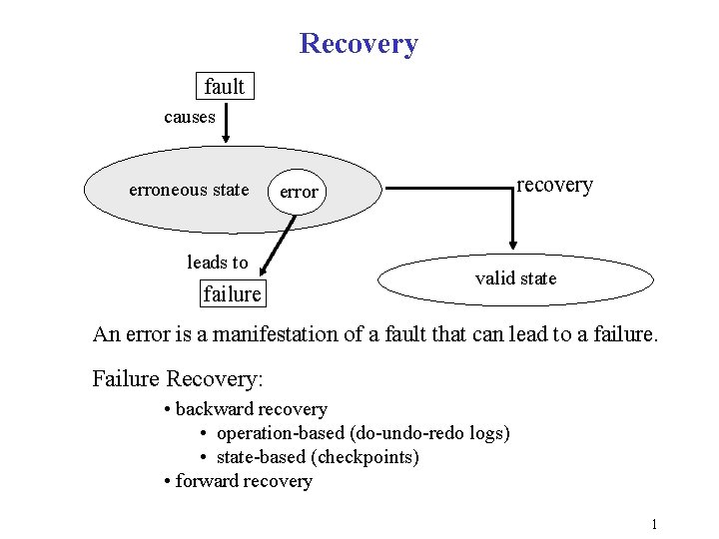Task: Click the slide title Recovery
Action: (359, 44)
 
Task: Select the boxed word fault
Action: (224, 87)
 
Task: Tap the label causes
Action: (190, 117)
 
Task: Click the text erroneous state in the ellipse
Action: (189, 190)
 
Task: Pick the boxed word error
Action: (299, 192)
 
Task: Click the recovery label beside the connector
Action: (554, 185)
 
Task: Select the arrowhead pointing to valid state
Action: (513, 242)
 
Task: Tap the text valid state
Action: (515, 278)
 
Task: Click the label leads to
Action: (217, 263)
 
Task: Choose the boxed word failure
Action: (232, 293)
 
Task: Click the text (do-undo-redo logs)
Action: (430, 433)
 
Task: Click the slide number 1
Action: (653, 524)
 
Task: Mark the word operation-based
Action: (281, 433)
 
